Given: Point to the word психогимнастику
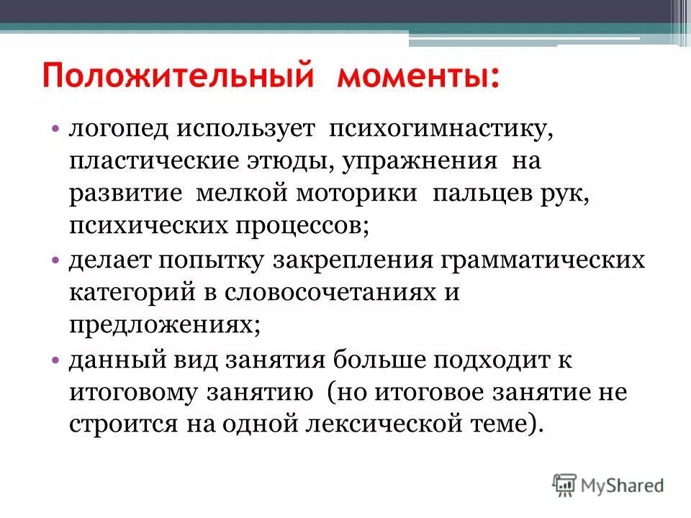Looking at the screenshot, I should (441, 130).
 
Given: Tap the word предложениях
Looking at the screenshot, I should (165, 324).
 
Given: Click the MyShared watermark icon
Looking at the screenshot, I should (564, 484).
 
